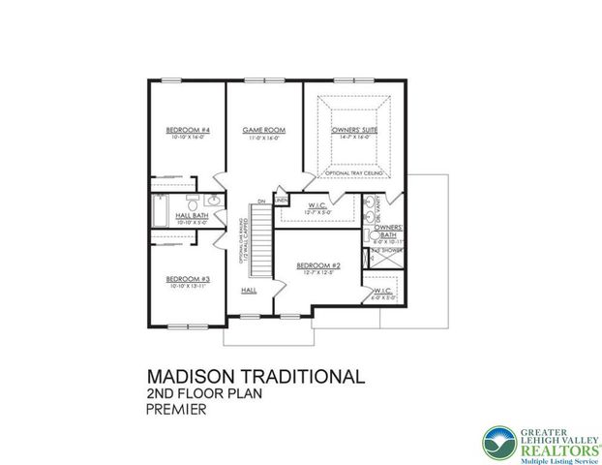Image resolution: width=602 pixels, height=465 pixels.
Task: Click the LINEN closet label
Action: (282, 201)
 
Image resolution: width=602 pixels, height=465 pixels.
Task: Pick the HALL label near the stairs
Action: (249, 290)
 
